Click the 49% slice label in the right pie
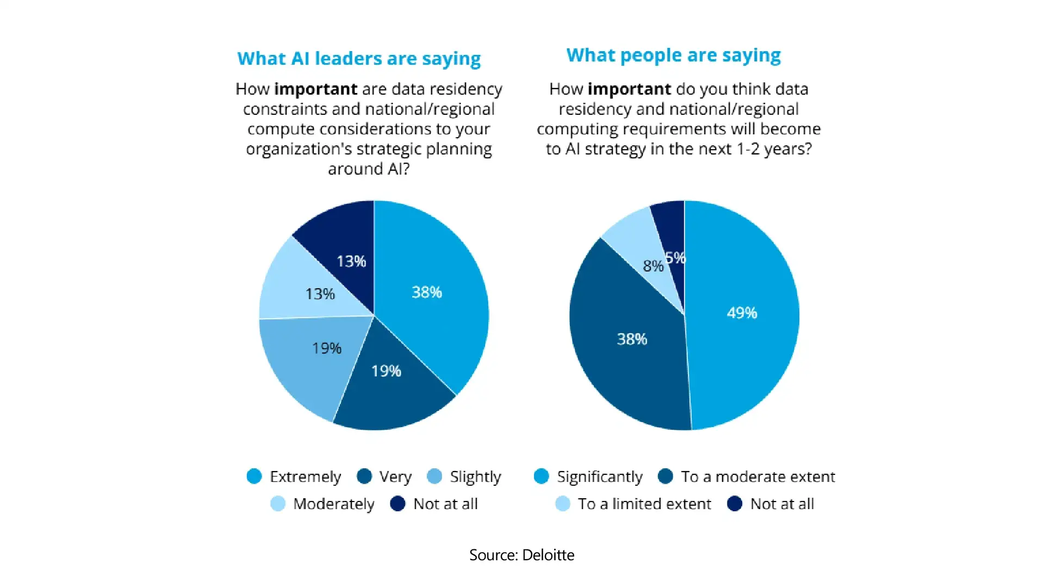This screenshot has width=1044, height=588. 742,313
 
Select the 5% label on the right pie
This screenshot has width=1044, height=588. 675,257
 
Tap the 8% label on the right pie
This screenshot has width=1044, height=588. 653,266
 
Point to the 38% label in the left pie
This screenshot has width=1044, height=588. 427,292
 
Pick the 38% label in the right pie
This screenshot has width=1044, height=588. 632,339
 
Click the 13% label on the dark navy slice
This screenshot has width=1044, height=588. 351,262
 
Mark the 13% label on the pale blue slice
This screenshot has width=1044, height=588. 320,294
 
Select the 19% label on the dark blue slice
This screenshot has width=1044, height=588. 386,371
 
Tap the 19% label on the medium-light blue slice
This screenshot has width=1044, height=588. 327,348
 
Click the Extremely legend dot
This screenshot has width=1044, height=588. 254,476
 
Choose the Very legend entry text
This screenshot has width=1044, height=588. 395,477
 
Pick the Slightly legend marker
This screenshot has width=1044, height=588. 434,476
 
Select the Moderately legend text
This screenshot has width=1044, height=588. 334,504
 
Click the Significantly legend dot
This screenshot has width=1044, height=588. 541,476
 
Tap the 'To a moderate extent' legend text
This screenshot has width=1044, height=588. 758,477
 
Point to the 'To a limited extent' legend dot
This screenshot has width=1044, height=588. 563,504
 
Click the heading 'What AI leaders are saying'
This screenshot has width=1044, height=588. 359,59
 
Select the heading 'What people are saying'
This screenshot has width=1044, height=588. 673,55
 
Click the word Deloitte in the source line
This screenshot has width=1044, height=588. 548,555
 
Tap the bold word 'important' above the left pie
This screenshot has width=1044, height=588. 316,89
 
